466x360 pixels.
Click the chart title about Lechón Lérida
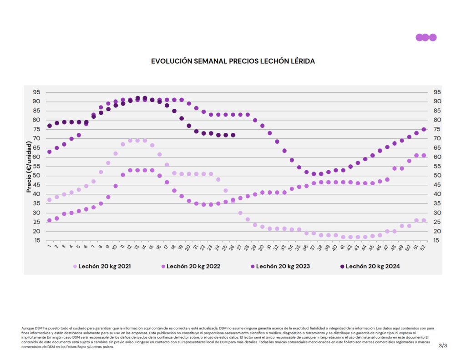[233, 61]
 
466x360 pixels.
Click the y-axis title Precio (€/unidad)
[29, 167]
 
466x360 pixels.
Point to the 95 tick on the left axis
[36, 92]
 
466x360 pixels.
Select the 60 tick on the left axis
[36, 157]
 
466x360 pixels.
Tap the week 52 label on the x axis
[423, 248]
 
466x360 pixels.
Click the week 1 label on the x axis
[49, 248]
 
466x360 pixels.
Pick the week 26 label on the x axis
[233, 248]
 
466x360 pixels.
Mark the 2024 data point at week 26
[233, 135]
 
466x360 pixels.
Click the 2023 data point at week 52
[424, 129]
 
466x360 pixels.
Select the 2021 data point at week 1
[49, 200]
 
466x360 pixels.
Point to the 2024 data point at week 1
[49, 126]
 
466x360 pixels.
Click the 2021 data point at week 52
[424, 220]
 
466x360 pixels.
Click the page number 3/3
[443, 346]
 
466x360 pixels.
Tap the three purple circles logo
[426, 37]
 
